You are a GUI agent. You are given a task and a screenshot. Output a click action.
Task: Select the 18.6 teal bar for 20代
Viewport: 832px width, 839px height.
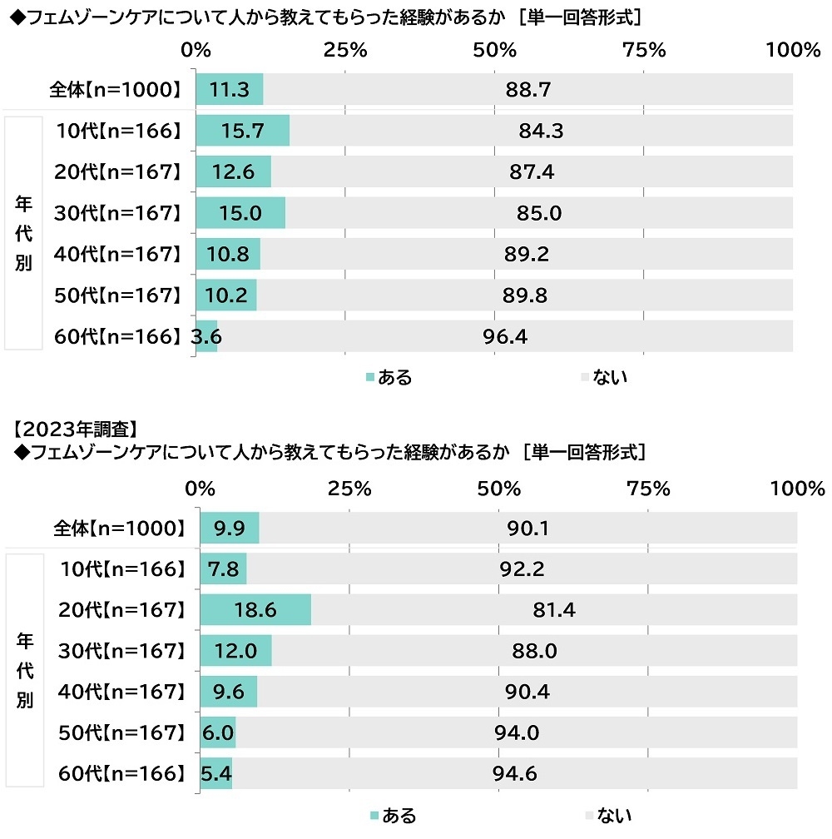tap(256, 611)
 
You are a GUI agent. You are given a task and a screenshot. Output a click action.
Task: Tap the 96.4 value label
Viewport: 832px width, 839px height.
tap(506, 336)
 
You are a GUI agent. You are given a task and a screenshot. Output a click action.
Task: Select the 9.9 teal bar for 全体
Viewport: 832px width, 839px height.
tap(230, 529)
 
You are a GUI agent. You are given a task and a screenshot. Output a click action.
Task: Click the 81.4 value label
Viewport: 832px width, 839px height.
tap(554, 611)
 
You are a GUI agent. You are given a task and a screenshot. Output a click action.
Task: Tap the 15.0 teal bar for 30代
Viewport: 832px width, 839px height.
tap(240, 213)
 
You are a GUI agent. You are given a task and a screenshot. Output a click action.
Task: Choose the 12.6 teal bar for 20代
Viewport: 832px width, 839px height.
tap(234, 172)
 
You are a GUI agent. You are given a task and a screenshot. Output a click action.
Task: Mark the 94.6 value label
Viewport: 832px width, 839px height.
tap(514, 773)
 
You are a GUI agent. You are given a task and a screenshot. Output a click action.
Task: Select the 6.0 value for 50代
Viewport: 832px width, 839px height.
tap(218, 732)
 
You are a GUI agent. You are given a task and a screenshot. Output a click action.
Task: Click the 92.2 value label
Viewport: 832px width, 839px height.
tap(522, 570)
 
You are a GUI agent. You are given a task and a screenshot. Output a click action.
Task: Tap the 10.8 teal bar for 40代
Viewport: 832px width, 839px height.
tap(228, 254)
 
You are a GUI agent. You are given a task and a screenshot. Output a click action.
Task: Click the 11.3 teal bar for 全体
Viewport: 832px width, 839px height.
tap(230, 90)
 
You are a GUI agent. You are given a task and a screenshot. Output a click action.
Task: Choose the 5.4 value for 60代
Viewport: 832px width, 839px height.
tap(215, 773)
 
